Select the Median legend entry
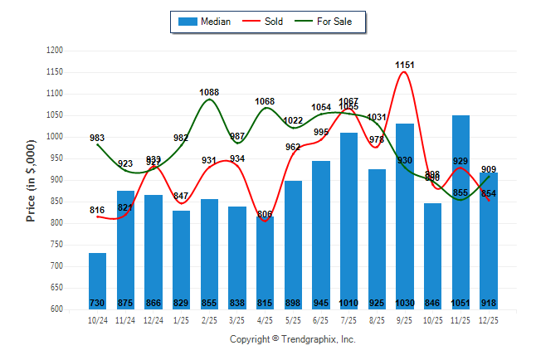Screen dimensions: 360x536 click(x=205, y=22)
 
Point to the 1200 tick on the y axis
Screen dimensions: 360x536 click(x=55, y=51)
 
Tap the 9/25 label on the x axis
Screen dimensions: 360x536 click(x=405, y=319)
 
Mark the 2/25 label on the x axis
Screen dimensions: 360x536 click(x=209, y=319)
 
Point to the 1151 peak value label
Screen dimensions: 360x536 click(x=405, y=65)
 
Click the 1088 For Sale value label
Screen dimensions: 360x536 click(x=209, y=92)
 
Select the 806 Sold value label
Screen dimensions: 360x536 click(x=265, y=215)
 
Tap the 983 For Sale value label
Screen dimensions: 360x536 click(x=97, y=138)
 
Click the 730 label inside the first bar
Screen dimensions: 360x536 click(x=97, y=304)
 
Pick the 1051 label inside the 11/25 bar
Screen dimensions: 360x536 click(x=460, y=304)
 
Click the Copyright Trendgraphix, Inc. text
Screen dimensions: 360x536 click(x=292, y=340)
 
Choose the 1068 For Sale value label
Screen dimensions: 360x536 click(x=265, y=102)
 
